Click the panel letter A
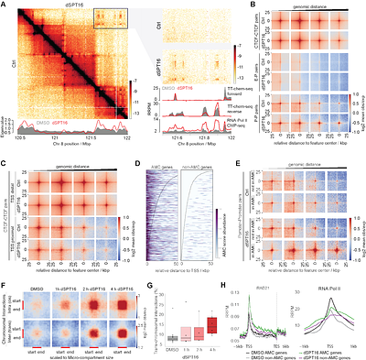click(x=5, y=5)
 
